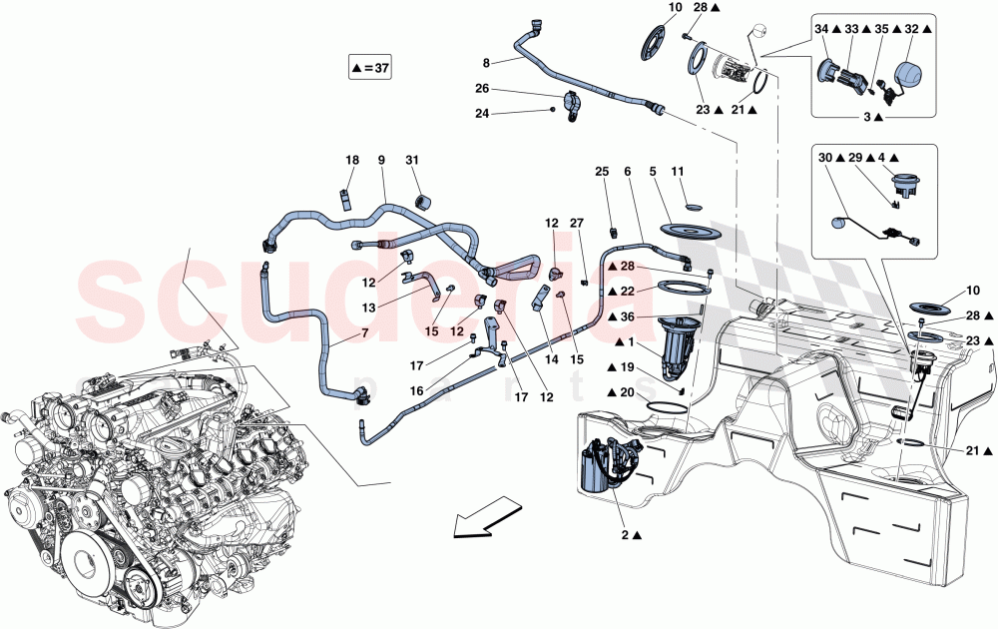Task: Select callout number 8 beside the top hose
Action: [486, 61]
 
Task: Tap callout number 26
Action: [482, 88]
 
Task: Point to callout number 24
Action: [482, 113]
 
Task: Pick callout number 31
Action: [412, 161]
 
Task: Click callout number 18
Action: [351, 161]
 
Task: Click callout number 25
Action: [601, 173]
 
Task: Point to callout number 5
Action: [655, 173]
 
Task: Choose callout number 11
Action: [678, 173]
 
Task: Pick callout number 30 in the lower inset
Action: [825, 159]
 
